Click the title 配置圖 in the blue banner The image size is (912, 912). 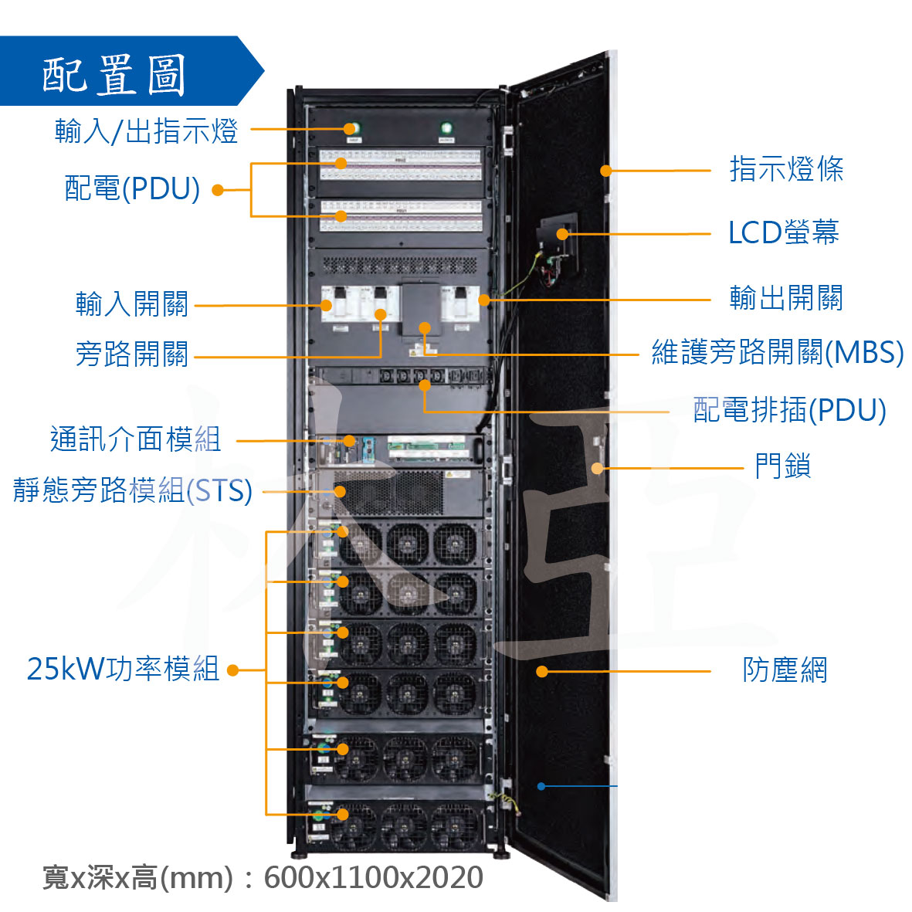(x=114, y=75)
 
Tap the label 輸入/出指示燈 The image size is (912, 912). (x=147, y=131)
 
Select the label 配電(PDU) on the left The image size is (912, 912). (x=132, y=188)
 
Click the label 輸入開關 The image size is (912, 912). (x=132, y=303)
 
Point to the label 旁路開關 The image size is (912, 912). (x=132, y=354)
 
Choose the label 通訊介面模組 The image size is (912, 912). (x=135, y=439)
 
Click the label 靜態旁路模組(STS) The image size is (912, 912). (x=133, y=490)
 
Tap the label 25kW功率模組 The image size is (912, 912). (x=124, y=669)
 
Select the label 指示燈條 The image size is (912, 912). (x=786, y=168)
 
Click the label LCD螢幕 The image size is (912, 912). (x=784, y=232)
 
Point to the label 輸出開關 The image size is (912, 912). (x=786, y=298)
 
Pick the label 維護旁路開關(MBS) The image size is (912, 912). (x=778, y=352)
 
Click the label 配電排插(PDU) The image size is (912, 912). (x=790, y=409)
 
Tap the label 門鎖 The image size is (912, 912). (x=783, y=466)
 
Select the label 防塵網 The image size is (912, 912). (x=785, y=670)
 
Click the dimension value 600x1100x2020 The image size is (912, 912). (x=374, y=877)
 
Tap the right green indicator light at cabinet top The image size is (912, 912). (x=446, y=127)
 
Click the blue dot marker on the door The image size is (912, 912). (x=541, y=786)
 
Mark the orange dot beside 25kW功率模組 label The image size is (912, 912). (x=232, y=670)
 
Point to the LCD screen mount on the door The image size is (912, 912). (x=558, y=250)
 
